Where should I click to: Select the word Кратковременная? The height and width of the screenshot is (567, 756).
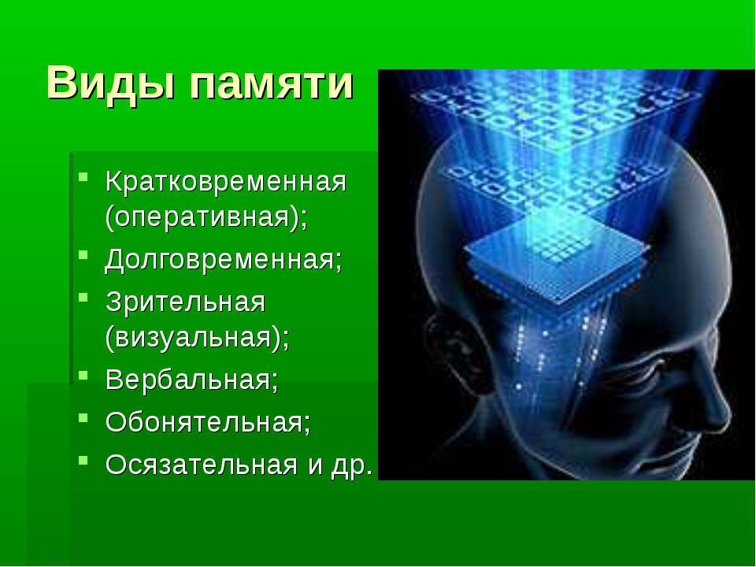click(x=226, y=182)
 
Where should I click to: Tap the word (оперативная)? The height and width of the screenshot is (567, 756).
click(x=206, y=217)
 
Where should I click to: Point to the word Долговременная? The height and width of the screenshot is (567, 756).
click(x=223, y=261)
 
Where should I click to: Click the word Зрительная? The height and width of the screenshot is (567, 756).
click(x=186, y=302)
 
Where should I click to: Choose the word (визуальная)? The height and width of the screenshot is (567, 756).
click(x=198, y=338)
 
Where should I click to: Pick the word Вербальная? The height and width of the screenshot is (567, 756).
click(x=192, y=380)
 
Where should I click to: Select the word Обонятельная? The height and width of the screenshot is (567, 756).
click(x=208, y=422)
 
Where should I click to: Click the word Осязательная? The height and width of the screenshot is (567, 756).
click(x=201, y=465)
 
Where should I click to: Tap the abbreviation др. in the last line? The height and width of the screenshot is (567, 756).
click(x=352, y=466)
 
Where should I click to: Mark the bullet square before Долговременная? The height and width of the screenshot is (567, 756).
click(x=83, y=254)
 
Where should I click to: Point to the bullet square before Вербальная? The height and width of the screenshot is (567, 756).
click(x=83, y=374)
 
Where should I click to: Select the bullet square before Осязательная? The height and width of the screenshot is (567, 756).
click(x=83, y=460)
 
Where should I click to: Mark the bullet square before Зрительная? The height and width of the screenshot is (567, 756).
click(x=83, y=297)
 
